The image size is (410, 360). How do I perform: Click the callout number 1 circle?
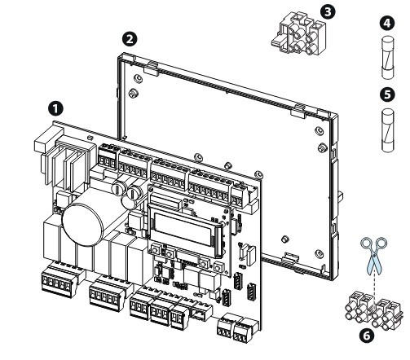point(55,109)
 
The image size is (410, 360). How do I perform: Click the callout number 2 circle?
point(130,39)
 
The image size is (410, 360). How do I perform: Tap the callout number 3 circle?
point(328,11)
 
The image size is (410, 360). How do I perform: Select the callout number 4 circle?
point(387,24)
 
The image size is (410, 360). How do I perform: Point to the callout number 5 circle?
point(387,94)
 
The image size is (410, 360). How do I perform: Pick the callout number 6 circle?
point(367,336)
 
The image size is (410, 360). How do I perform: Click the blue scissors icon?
point(374,255)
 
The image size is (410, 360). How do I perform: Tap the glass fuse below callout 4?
point(387,58)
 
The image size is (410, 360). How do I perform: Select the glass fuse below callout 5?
point(388,130)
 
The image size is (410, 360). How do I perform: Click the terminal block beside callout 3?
point(299,33)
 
